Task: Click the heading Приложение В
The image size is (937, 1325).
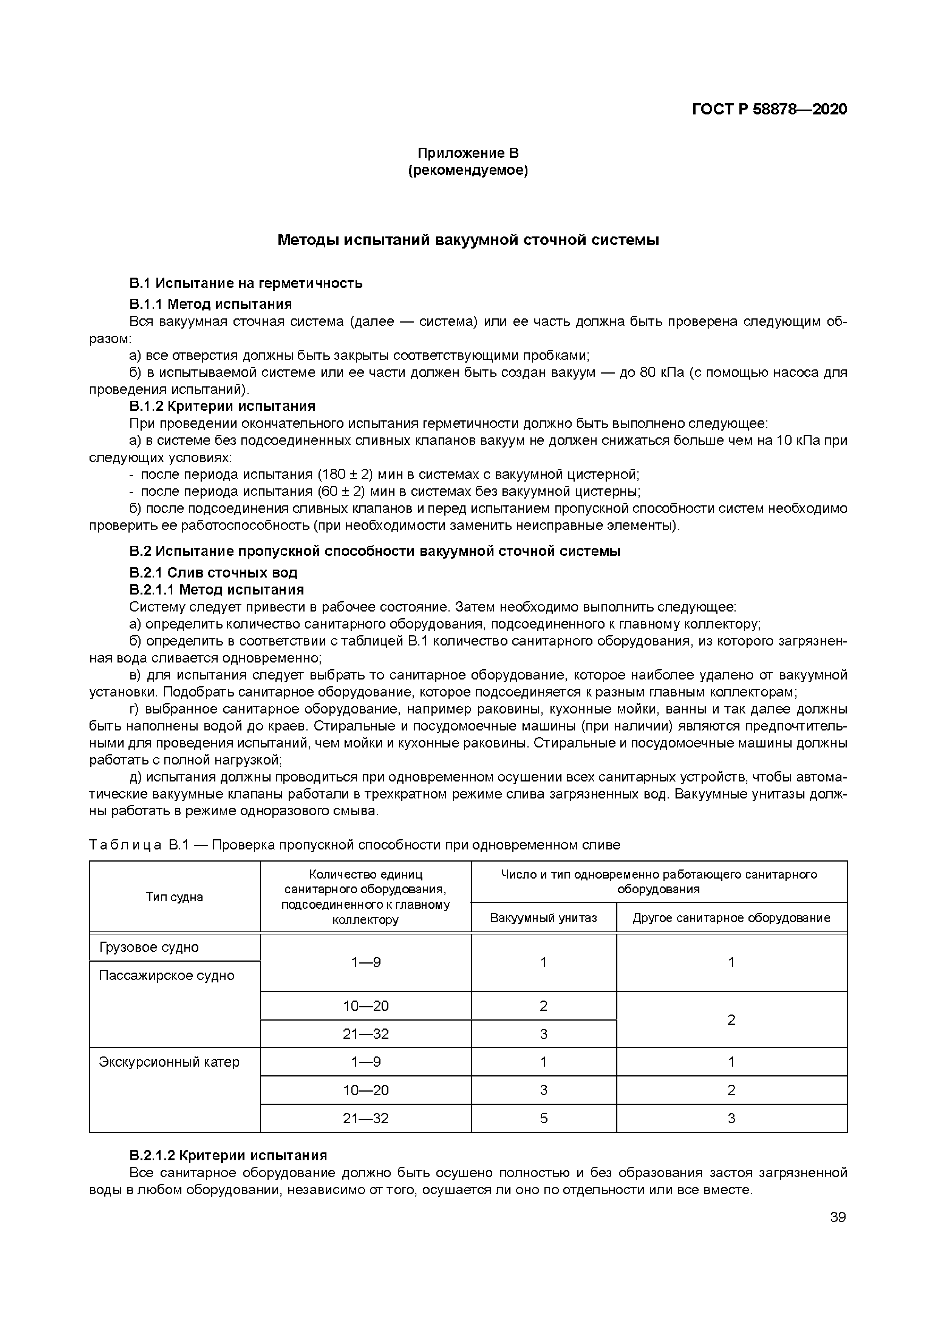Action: pos(468,153)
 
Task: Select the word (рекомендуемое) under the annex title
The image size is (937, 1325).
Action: pos(468,171)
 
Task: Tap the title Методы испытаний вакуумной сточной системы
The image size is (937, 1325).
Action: pos(468,240)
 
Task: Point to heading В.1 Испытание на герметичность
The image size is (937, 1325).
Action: pos(246,283)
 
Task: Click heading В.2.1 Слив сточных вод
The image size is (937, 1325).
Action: pos(213,573)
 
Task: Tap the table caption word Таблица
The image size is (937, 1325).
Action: pos(125,845)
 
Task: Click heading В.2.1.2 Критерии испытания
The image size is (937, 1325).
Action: pos(228,1156)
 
